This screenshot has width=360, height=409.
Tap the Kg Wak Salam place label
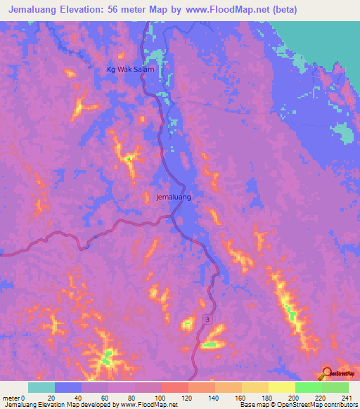(x=130, y=69)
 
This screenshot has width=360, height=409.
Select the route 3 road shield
(x=208, y=320)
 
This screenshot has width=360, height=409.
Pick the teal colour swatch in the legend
(x=41, y=387)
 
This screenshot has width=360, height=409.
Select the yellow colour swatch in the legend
(x=281, y=387)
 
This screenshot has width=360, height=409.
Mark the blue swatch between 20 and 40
(x=68, y=387)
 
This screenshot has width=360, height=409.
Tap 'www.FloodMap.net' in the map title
(x=227, y=10)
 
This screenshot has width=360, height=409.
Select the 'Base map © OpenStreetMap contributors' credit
(x=298, y=405)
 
